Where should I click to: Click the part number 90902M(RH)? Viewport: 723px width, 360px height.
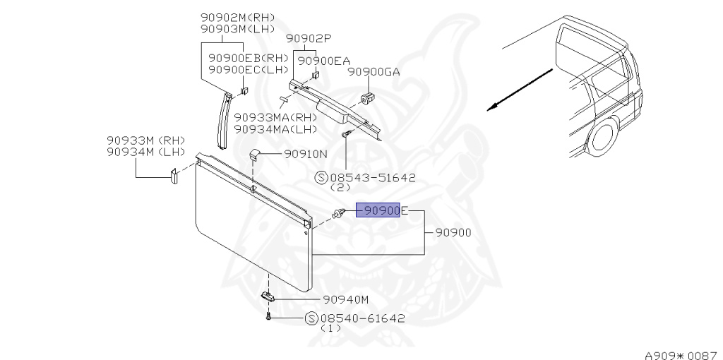point(237,18)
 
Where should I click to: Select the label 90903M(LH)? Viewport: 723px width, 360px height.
point(237,29)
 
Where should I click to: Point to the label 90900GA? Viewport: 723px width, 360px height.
point(374,72)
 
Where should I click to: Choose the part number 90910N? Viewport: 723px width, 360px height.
point(306,153)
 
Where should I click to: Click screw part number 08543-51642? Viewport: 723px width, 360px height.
point(373,179)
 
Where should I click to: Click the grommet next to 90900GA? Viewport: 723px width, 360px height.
point(366,96)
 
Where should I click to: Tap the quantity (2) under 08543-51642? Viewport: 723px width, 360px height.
point(342,188)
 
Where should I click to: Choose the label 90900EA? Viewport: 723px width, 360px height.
point(324,61)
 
